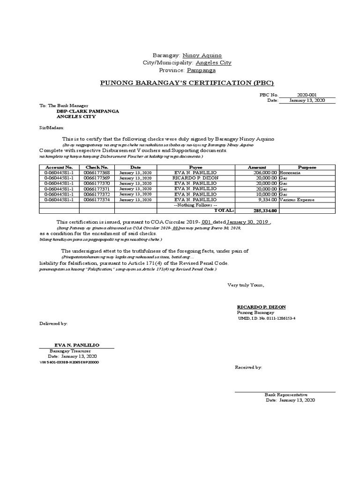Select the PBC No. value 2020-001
click(x=307, y=95)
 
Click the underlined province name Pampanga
click(x=202, y=70)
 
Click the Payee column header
click(x=195, y=167)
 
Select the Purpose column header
click(x=307, y=167)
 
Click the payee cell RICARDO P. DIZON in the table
click(x=195, y=178)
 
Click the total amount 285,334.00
click(x=263, y=210)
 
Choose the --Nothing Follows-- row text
click(x=195, y=205)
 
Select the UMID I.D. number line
click(x=267, y=318)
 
